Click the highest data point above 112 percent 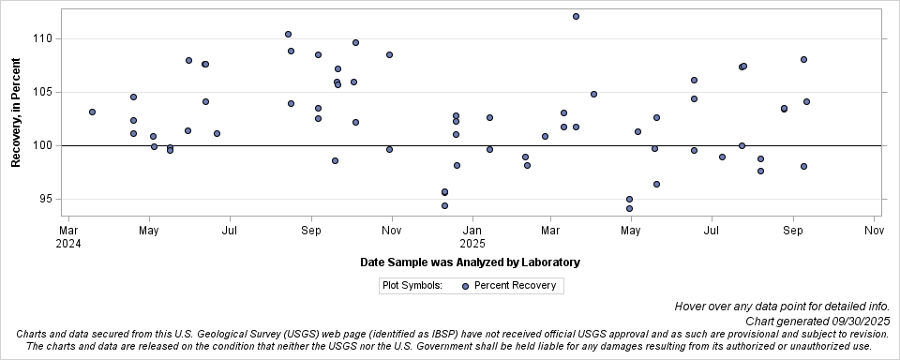pos(576,16)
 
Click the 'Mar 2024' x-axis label pos(68,236)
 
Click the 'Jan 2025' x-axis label pos(473,236)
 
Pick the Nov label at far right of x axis pos(874,230)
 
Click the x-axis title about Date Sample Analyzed pos(470,262)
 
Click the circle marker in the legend pos(465,286)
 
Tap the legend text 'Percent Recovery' pos(515,286)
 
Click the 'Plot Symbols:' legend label pos(412,286)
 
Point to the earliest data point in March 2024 pos(92,112)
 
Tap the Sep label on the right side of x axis pos(794,230)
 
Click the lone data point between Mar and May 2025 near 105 pos(593,94)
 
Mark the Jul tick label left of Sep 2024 pos(230,230)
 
